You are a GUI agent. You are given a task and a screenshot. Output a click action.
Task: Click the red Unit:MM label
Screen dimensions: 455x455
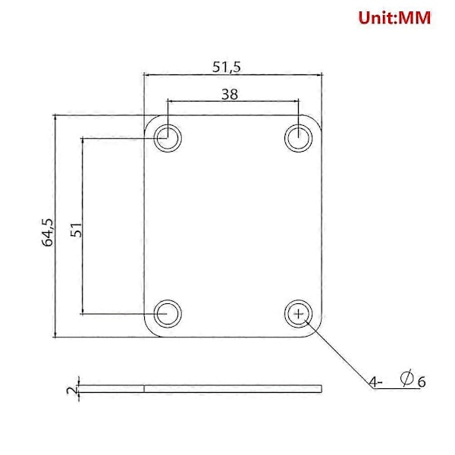(x=394, y=17)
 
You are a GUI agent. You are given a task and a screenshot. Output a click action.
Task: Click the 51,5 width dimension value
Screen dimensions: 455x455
(x=227, y=67)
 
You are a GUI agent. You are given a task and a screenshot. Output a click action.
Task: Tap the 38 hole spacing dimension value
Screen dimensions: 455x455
(x=230, y=94)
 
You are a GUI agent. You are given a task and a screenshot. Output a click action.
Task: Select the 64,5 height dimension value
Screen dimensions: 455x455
(x=48, y=233)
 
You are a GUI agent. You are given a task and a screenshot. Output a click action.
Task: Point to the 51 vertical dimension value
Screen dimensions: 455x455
(x=77, y=230)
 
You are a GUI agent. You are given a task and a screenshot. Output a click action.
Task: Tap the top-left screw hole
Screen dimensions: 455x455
(x=168, y=137)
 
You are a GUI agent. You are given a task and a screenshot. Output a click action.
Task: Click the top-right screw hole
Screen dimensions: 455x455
(x=298, y=137)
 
